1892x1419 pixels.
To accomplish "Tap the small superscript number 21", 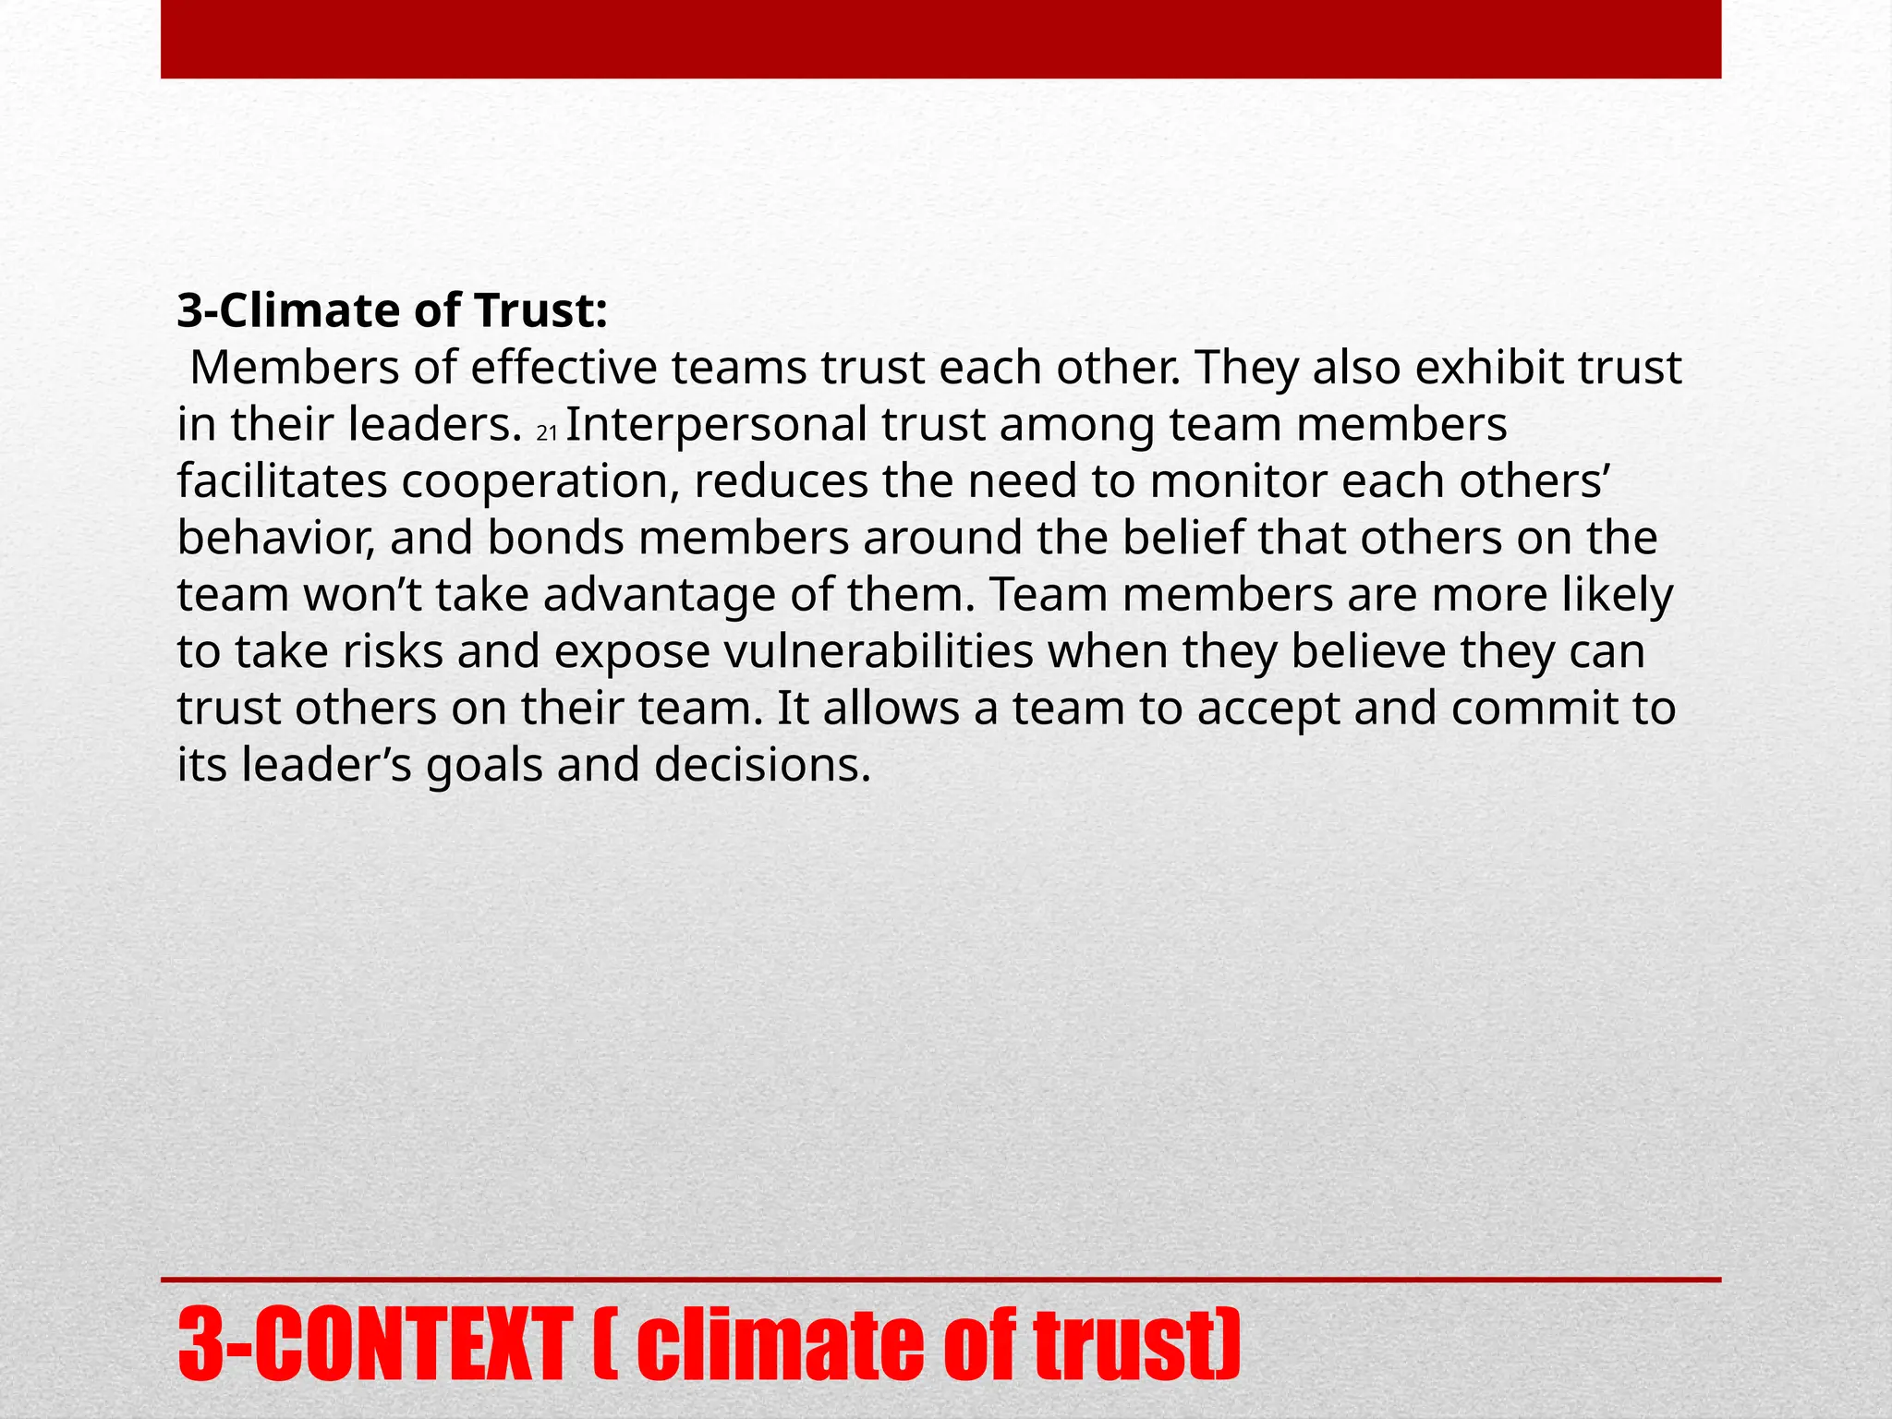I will [x=547, y=432].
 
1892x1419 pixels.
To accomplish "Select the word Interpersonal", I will [x=716, y=425].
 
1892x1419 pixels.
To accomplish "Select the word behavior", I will [x=275, y=539].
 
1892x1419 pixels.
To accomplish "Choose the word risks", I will [x=394, y=651].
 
